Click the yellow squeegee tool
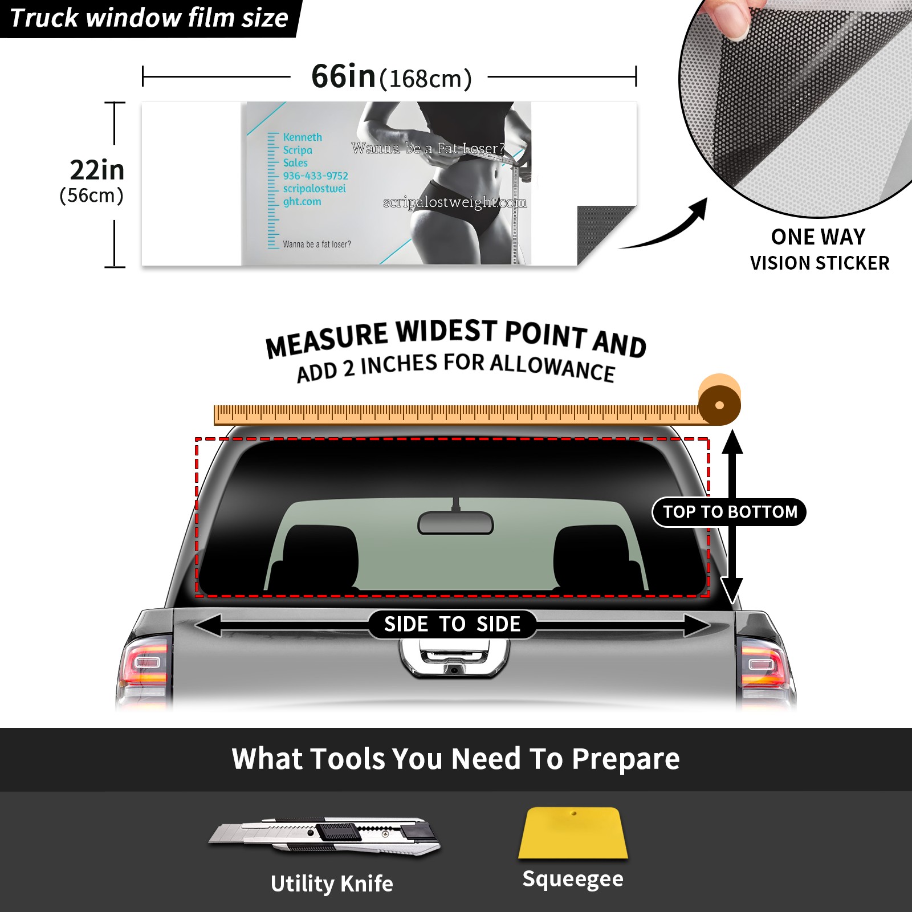pos(573,833)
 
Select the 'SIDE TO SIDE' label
pos(452,624)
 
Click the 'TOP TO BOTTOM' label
pos(730,512)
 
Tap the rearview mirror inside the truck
pos(455,522)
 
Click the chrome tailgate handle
pos(454,658)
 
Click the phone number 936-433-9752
pos(315,176)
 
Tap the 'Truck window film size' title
pos(149,18)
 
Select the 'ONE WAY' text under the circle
pos(818,237)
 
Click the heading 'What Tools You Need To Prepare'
pos(455,759)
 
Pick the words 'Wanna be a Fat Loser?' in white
pos(428,148)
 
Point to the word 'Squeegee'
pos(573,879)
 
